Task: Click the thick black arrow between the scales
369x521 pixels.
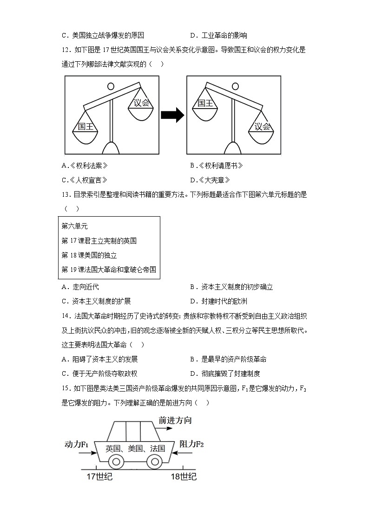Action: (x=172, y=116)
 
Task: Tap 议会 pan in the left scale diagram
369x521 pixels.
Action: (x=141, y=105)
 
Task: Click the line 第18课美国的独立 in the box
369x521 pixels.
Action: (x=89, y=255)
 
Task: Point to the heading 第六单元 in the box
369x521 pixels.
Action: (x=75, y=226)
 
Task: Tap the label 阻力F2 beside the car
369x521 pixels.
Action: (x=191, y=444)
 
